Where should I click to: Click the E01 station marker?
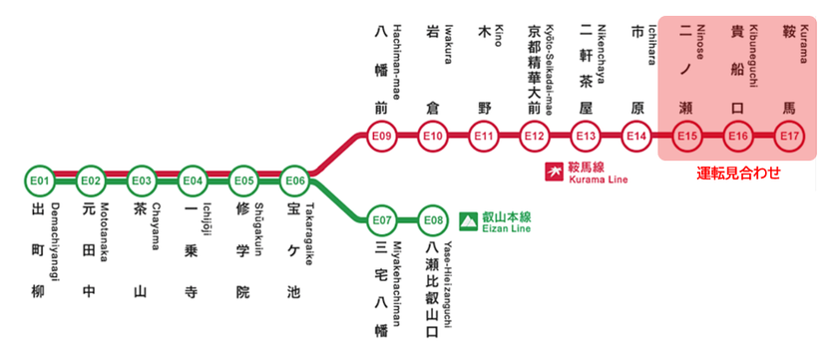[x=40, y=180]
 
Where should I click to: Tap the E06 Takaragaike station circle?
[x=294, y=180]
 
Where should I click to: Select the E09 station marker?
[x=381, y=136]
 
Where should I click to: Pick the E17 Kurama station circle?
[x=789, y=136]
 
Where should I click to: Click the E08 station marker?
[x=433, y=219]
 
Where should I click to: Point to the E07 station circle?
[x=382, y=219]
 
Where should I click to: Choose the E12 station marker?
[x=535, y=136]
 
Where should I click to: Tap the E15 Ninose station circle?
[x=687, y=136]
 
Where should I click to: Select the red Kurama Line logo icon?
[x=550, y=172]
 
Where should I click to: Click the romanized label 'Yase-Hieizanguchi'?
[x=449, y=284]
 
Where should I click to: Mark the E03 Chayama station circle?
[x=142, y=180]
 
